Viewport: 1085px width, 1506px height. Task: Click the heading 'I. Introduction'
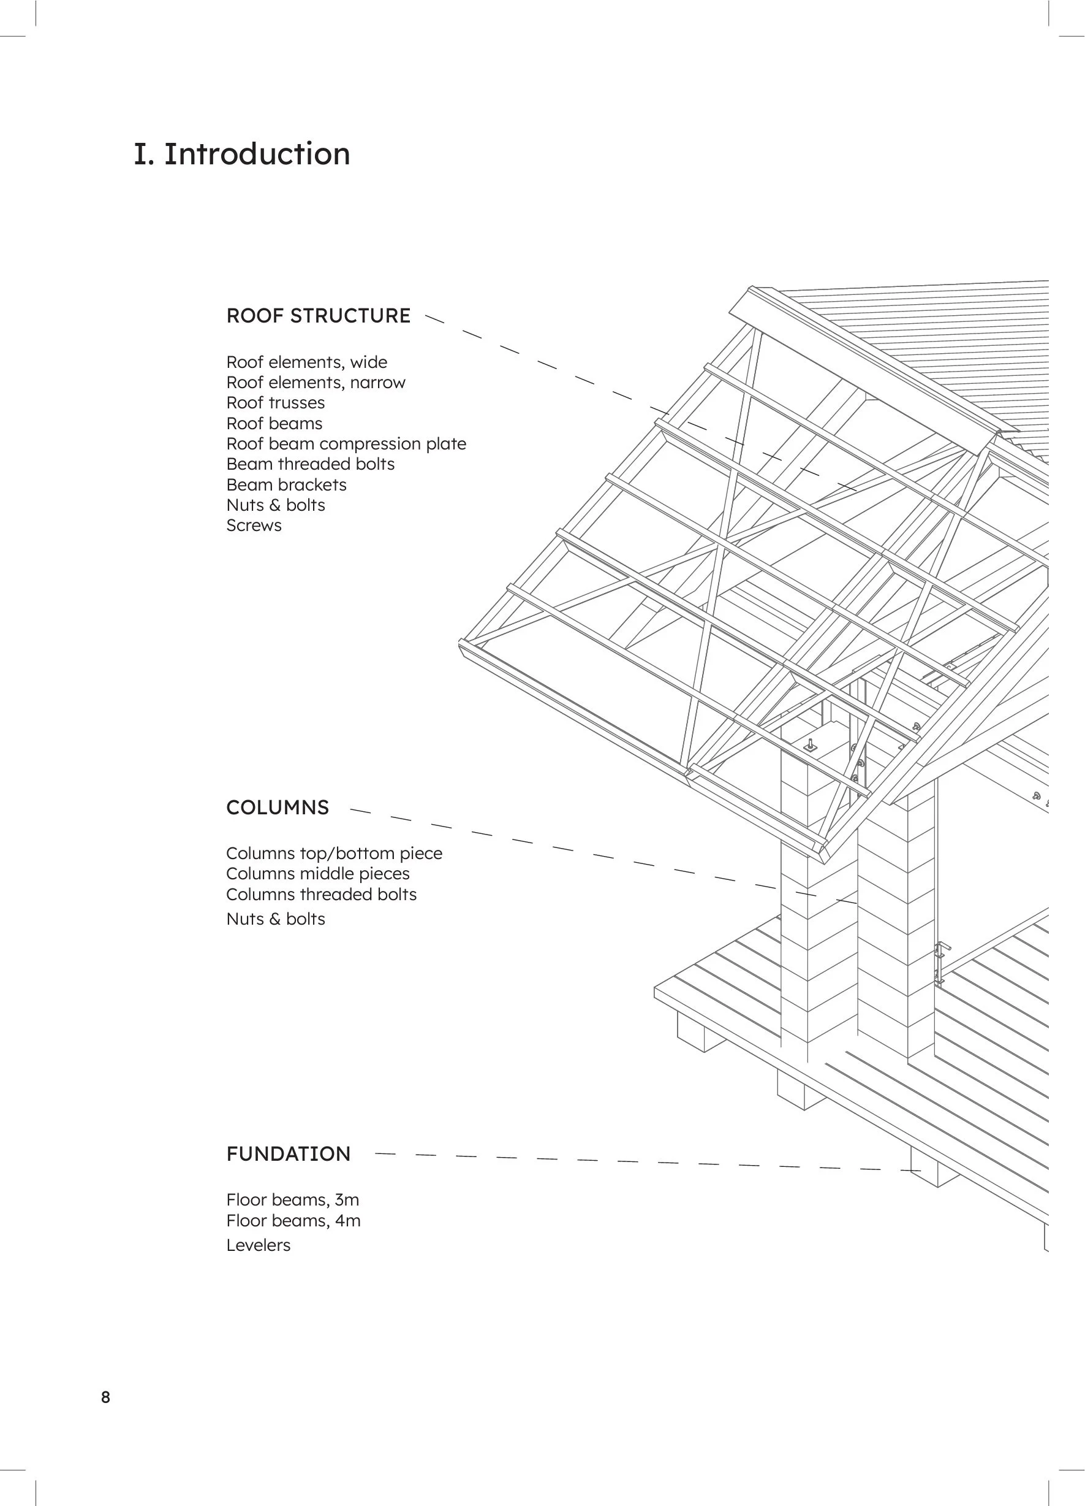click(241, 154)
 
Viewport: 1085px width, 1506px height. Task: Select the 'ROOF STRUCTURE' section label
click(319, 315)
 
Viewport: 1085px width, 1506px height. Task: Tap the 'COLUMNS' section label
click(278, 808)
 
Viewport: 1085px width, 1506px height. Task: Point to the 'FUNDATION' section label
click(288, 1153)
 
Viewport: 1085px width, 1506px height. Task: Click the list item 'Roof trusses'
click(276, 403)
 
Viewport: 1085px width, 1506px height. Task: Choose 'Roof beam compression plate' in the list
click(346, 443)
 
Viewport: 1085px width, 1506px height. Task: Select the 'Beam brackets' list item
click(286, 485)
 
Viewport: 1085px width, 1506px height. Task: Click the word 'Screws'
click(254, 526)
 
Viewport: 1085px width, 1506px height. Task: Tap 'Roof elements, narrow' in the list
click(316, 383)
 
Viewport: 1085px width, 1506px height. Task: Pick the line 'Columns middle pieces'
click(318, 874)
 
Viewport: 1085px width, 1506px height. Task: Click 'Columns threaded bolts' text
click(321, 895)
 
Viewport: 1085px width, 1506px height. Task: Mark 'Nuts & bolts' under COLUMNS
click(276, 919)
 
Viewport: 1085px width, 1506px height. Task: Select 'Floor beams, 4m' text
click(293, 1220)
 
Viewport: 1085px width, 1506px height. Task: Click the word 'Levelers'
click(258, 1245)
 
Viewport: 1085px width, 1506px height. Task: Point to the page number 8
click(105, 1397)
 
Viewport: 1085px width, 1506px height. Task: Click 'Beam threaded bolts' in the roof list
click(310, 464)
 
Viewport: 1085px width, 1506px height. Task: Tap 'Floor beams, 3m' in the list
click(293, 1200)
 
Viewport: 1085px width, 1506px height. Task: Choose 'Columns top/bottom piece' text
click(334, 854)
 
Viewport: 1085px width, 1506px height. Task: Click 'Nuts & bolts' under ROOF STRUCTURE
click(276, 505)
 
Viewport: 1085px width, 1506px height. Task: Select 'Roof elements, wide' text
click(306, 362)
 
